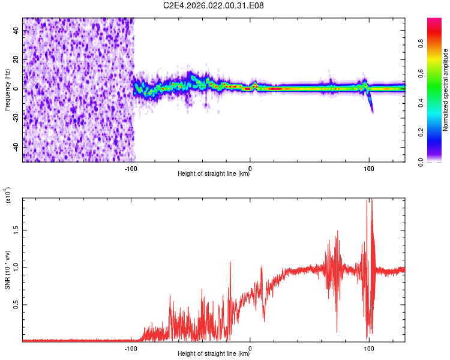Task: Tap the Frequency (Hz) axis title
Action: [x=7, y=89]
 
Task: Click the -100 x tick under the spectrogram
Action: [x=131, y=167]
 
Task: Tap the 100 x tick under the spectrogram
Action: [x=369, y=167]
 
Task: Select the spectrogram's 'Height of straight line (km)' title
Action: [x=214, y=174]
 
